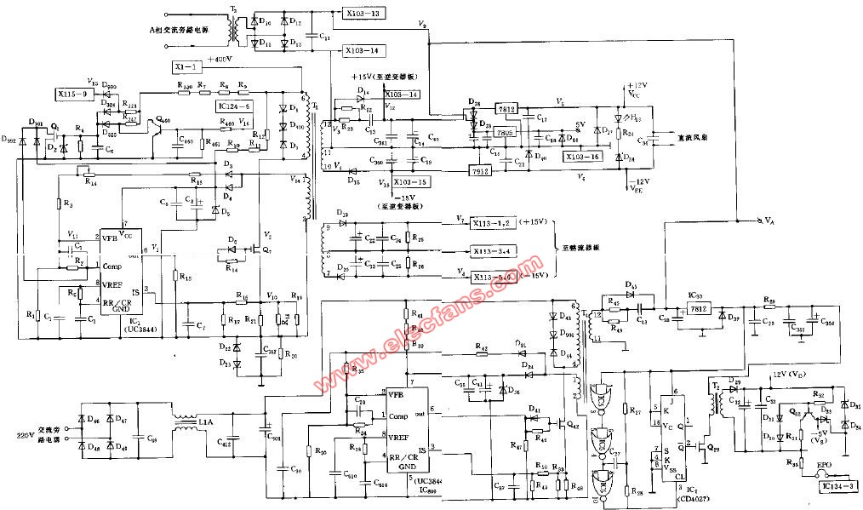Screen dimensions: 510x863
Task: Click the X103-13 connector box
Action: click(x=363, y=14)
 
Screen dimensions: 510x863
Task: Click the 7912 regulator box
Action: click(x=482, y=170)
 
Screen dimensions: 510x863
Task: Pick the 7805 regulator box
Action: click(x=505, y=132)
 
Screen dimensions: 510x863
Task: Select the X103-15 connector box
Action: click(x=411, y=182)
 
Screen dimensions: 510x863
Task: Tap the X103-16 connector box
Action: click(x=583, y=157)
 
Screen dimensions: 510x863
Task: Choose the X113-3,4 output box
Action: click(x=494, y=251)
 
